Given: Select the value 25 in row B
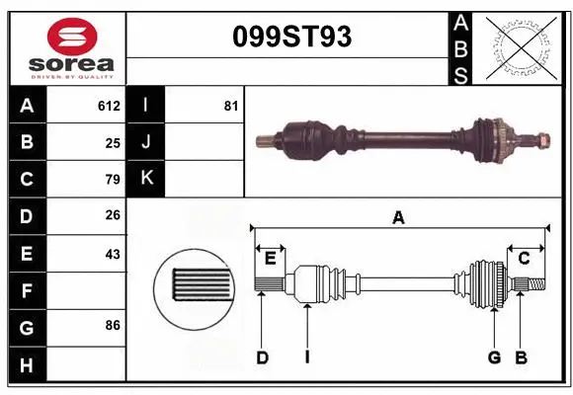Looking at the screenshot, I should [x=113, y=142].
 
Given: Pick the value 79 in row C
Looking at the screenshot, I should [x=113, y=180].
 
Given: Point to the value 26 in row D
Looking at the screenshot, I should [x=113, y=216].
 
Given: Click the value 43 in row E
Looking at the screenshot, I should [x=113, y=254].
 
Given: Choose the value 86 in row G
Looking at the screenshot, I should [x=113, y=324].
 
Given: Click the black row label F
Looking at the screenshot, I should [x=26, y=290].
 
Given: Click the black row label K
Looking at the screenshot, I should [x=145, y=179].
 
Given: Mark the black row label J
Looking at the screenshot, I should [x=145, y=142].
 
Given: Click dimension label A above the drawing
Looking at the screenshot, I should [x=398, y=217].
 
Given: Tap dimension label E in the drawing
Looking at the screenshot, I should [x=270, y=259].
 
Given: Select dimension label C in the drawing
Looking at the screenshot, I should [x=525, y=259].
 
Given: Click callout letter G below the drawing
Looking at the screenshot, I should [x=494, y=357].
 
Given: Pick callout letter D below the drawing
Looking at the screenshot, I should [x=263, y=357].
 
